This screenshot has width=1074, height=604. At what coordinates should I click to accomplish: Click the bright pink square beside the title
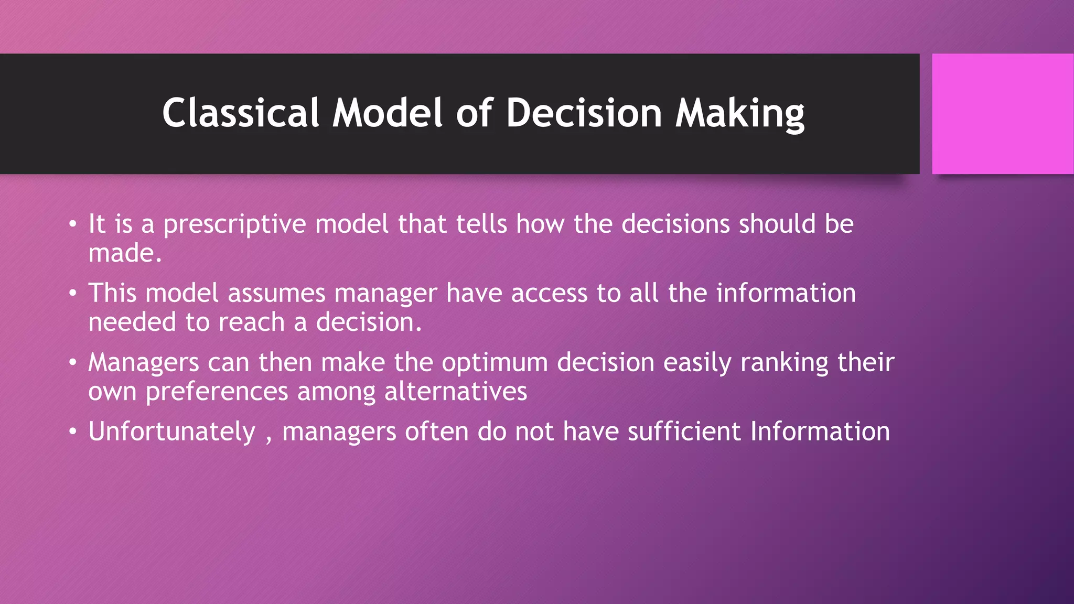click(x=1002, y=113)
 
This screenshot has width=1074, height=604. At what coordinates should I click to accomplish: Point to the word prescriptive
click(x=234, y=224)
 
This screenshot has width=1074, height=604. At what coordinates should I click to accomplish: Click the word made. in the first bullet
click(x=125, y=253)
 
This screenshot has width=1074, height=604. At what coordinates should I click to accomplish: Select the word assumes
click(x=276, y=293)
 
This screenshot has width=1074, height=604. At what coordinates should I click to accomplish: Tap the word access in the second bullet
click(x=549, y=293)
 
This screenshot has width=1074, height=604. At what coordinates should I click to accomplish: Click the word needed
click(x=132, y=322)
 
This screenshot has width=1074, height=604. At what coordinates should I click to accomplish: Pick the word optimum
click(x=495, y=362)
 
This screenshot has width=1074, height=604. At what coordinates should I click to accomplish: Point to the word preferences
click(x=217, y=392)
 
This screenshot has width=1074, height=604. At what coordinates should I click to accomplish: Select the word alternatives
click(x=455, y=392)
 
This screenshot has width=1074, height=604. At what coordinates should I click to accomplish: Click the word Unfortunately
click(x=171, y=432)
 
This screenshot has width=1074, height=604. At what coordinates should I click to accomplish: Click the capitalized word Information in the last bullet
click(x=820, y=432)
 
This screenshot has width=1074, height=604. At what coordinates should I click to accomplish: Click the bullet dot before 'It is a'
click(x=73, y=225)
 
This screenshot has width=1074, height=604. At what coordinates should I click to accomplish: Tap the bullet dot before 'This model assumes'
click(x=73, y=294)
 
